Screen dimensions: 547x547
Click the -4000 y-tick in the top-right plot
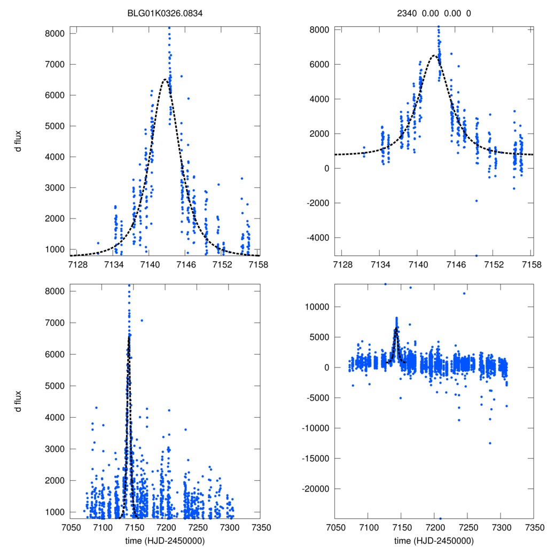pos(317,237)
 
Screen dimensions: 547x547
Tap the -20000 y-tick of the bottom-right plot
pos(315,489)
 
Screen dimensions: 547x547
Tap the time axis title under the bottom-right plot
pos(433,540)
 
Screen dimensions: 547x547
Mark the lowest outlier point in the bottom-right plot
pos(440,518)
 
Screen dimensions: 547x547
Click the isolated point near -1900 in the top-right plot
pos(476,201)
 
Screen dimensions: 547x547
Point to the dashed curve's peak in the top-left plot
pos(166,79)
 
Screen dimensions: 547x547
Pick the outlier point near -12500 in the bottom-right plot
pos(489,443)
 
